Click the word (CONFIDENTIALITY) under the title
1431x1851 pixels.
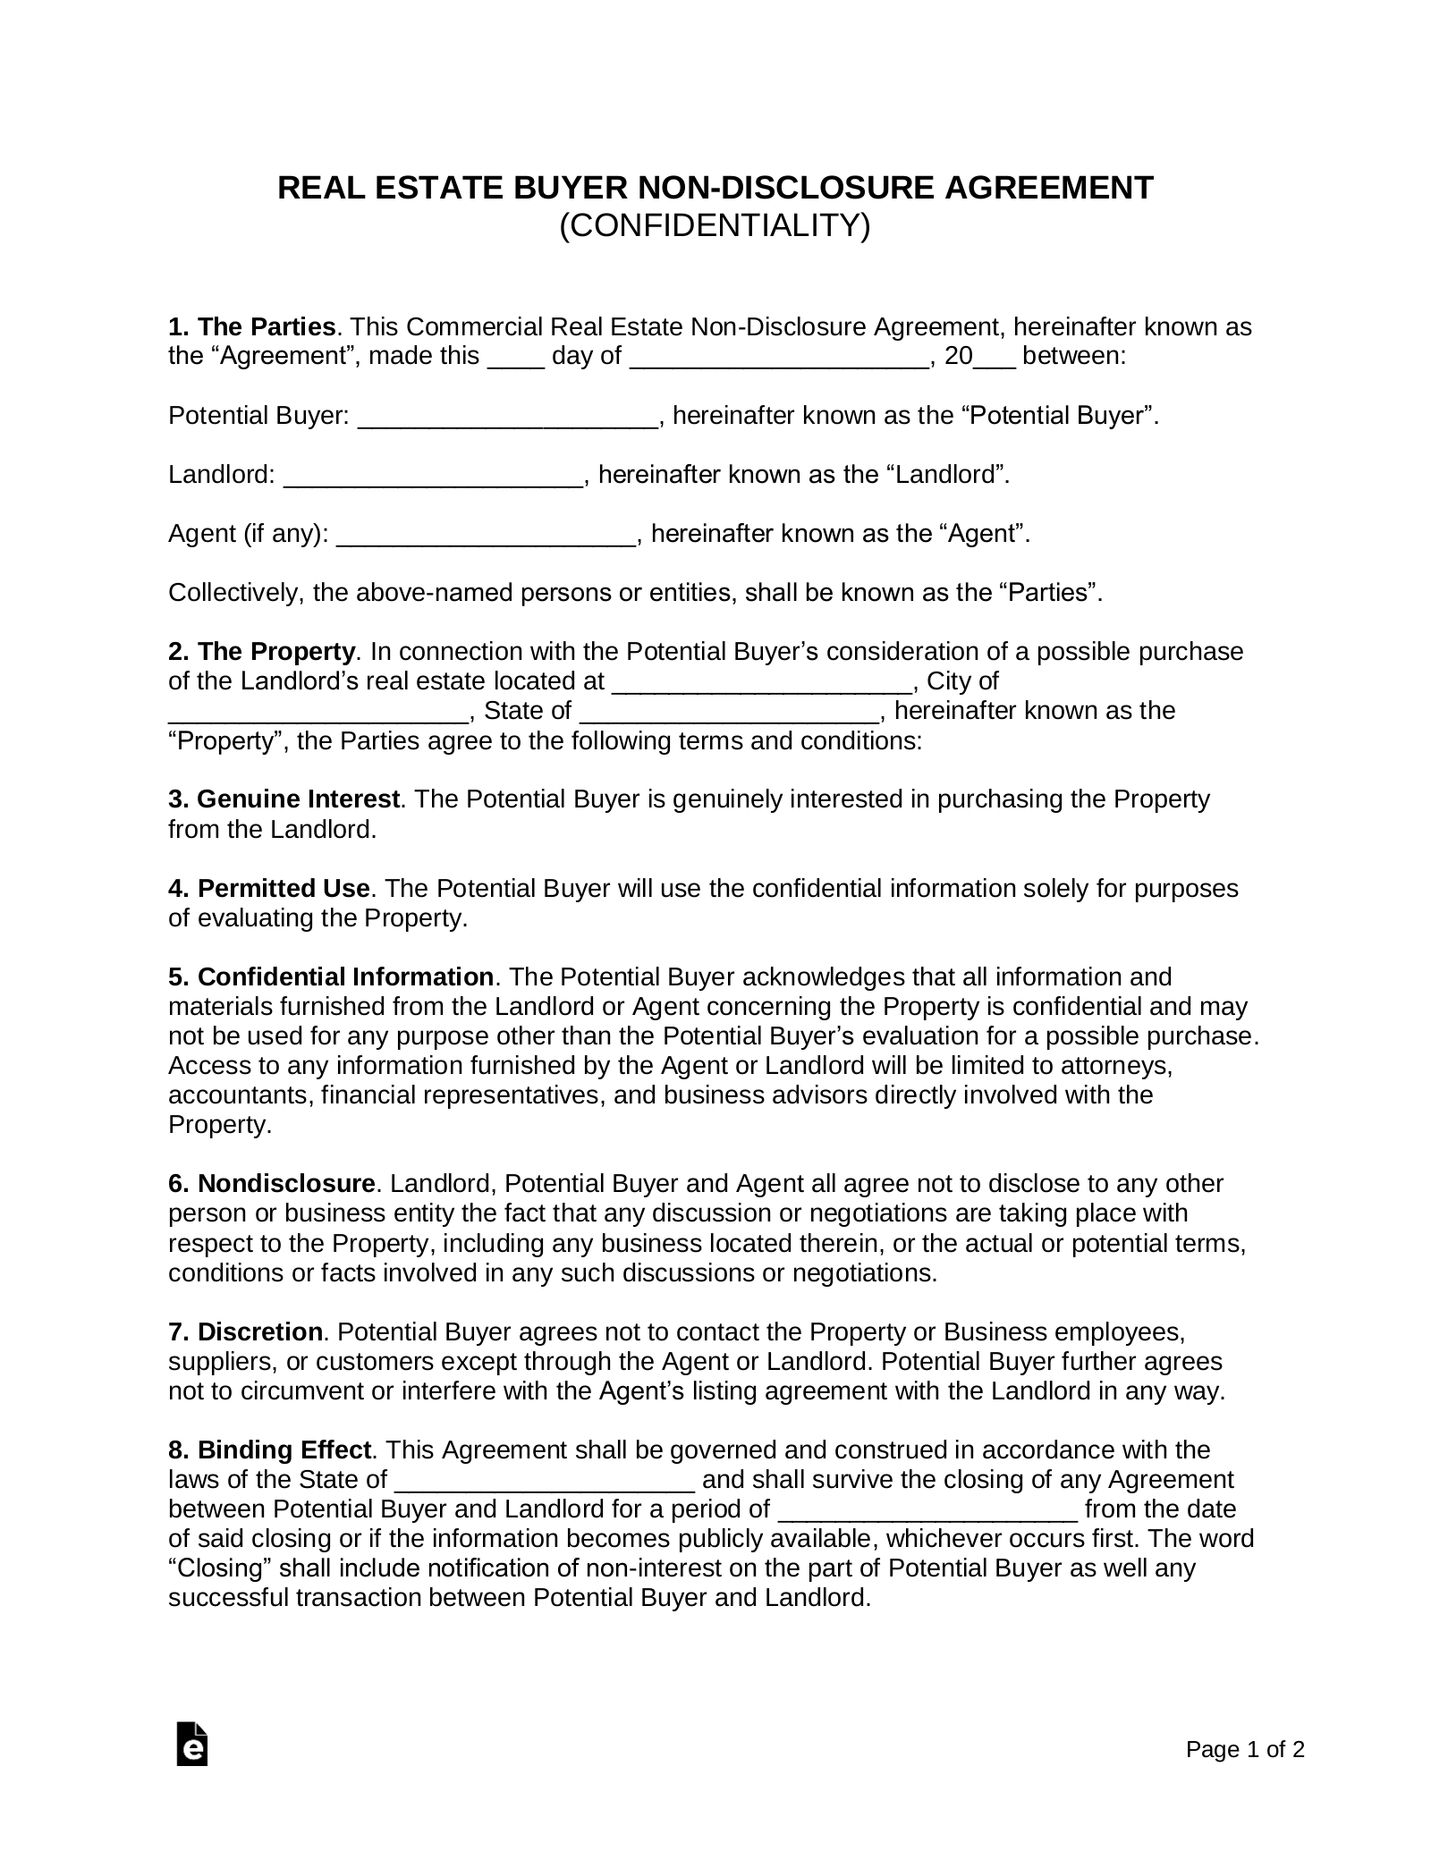[715, 225]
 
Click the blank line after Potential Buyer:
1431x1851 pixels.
[508, 418]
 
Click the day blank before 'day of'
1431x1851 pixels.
[515, 359]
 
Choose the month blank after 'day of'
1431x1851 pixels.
[779, 359]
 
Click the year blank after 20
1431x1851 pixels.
[994, 359]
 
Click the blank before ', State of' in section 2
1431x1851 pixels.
[318, 714]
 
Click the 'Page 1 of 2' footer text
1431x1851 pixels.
[1245, 1774]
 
